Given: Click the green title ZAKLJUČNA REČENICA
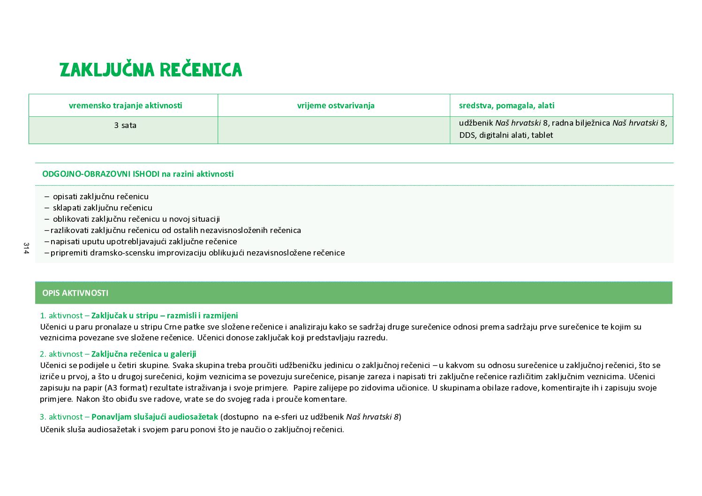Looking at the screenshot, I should point(151,70).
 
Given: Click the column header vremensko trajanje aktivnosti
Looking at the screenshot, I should point(125,105).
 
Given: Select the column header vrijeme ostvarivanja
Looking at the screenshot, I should point(336,105).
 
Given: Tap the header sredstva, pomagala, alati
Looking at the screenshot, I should point(506,105).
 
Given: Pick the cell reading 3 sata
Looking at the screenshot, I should point(125,126).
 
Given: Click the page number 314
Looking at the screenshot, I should point(26,248).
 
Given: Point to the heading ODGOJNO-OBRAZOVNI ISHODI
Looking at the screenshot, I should point(100,174).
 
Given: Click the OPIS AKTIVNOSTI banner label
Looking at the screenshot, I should point(75,293).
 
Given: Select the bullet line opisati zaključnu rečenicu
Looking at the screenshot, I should point(100,196).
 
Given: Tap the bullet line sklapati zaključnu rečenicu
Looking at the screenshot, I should point(102,208).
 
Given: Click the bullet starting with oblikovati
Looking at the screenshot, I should point(136,219).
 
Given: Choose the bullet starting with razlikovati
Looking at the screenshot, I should point(175,230).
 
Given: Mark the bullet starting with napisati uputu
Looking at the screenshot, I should point(143,241).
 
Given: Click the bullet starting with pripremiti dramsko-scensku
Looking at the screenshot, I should point(197,253).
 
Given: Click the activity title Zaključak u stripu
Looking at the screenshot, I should point(164,316).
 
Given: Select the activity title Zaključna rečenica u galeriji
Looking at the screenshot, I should point(143,354).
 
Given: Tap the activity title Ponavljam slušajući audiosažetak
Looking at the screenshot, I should point(155,417).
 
